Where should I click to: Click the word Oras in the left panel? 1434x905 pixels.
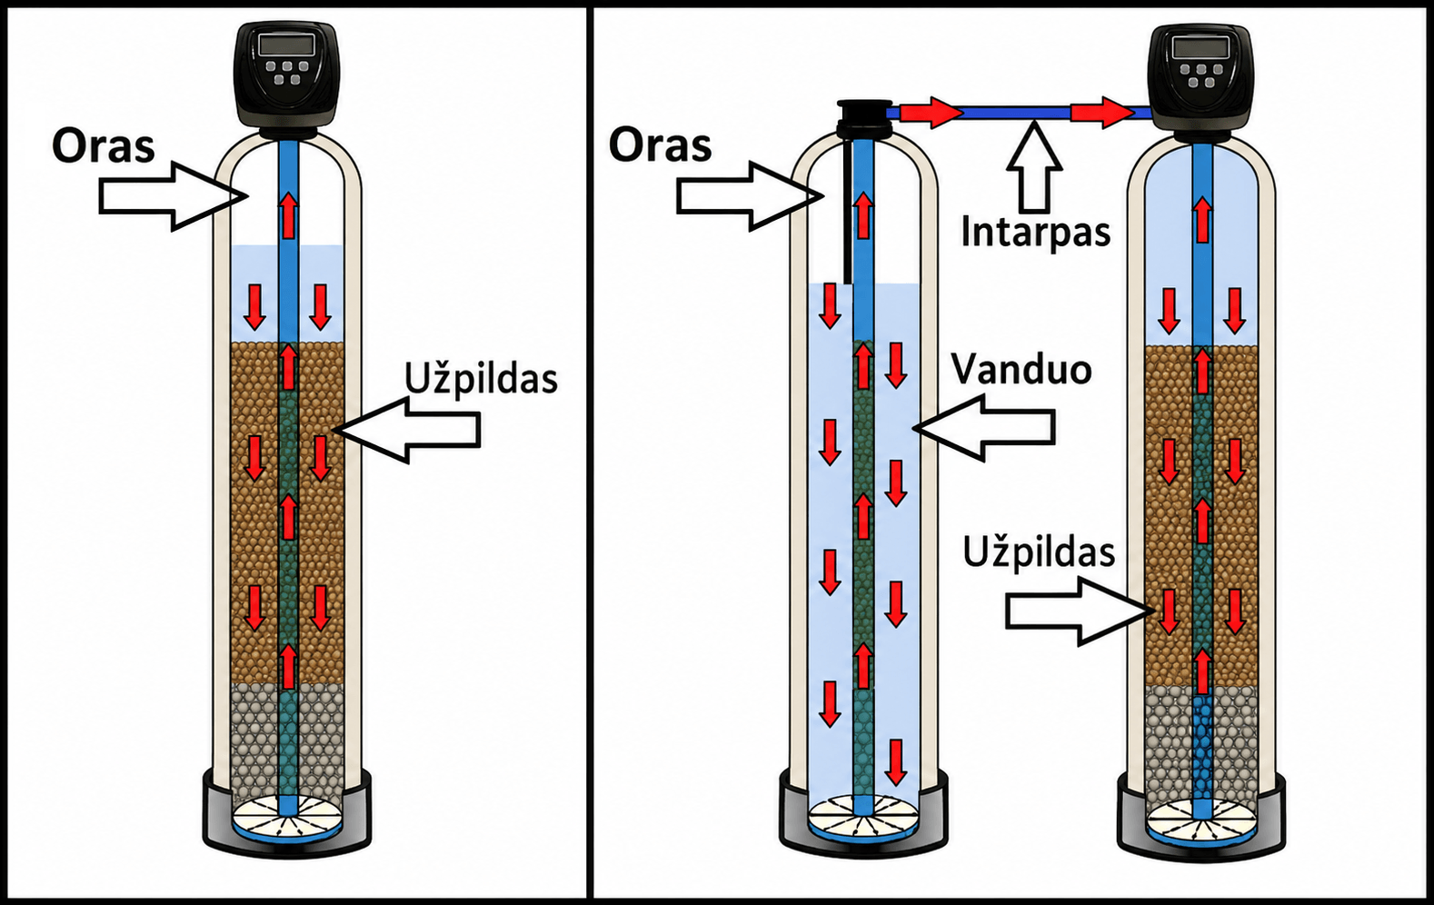(103, 146)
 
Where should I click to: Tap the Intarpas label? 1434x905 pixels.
(1036, 233)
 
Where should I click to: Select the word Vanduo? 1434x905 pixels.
(1021, 369)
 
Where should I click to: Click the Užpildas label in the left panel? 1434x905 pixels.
(481, 378)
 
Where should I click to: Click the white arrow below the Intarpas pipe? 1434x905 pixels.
(1034, 168)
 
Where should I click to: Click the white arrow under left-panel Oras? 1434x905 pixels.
(174, 196)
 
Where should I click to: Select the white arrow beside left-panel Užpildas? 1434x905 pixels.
(407, 430)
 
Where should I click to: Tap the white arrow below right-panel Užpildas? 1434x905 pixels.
(1080, 611)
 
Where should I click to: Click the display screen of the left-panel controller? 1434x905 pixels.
(286, 45)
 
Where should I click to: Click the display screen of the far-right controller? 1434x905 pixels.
(1200, 48)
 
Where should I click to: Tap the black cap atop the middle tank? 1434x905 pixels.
(863, 120)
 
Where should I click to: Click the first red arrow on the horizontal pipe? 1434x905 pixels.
(931, 113)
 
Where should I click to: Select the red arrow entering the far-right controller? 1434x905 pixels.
(1102, 113)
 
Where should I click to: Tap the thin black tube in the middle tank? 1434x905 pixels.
(847, 211)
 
